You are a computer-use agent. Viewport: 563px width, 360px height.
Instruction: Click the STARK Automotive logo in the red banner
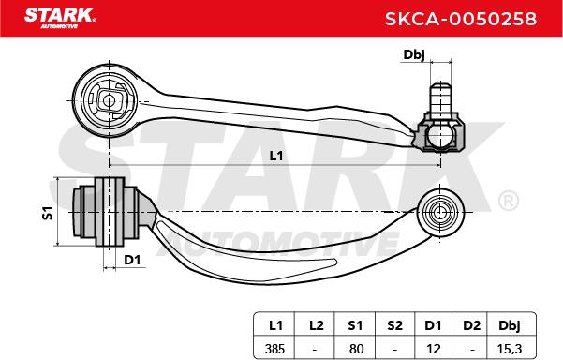60,18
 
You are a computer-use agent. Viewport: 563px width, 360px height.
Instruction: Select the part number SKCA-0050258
461,19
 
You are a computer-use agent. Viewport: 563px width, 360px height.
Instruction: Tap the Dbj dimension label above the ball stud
414,55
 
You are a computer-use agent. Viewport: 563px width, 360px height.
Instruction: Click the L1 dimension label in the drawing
276,156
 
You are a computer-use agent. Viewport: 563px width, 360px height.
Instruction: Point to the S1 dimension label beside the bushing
48,213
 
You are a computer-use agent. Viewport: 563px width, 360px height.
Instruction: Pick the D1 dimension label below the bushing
132,260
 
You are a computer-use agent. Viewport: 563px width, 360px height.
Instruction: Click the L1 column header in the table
275,325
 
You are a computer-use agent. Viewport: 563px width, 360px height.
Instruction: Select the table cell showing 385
274,349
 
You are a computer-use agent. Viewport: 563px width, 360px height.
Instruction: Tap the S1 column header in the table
355,325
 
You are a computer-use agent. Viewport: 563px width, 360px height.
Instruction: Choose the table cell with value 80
356,349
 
